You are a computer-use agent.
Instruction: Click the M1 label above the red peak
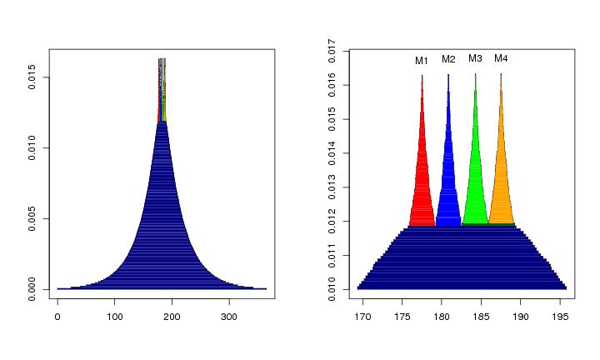tap(422, 61)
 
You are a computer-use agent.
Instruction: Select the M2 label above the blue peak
tap(448, 59)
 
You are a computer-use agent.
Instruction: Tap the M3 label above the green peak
tap(475, 58)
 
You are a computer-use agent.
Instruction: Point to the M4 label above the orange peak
tap(501, 58)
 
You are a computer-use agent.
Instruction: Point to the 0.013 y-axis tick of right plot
tap(332, 187)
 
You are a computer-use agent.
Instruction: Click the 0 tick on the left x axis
tap(57, 317)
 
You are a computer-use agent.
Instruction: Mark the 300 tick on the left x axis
tap(230, 317)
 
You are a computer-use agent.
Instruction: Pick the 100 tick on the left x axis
tap(115, 317)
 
